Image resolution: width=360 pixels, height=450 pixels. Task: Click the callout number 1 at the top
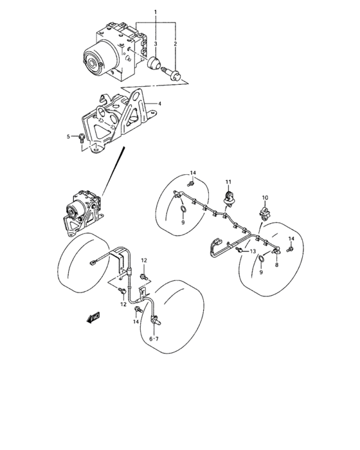tap(154, 12)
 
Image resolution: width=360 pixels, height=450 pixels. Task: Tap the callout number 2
tap(175, 44)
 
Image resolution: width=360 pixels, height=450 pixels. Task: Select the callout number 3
tap(155, 44)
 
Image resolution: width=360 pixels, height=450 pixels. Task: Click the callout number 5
tap(68, 136)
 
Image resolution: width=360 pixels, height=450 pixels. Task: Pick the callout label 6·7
tap(154, 338)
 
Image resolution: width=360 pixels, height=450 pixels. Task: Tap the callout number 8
tap(276, 264)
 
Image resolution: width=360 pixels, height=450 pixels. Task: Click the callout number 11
tap(227, 181)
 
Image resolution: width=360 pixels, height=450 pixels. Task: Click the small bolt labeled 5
tap(79, 137)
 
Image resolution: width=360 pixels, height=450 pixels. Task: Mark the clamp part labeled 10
tap(264, 212)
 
